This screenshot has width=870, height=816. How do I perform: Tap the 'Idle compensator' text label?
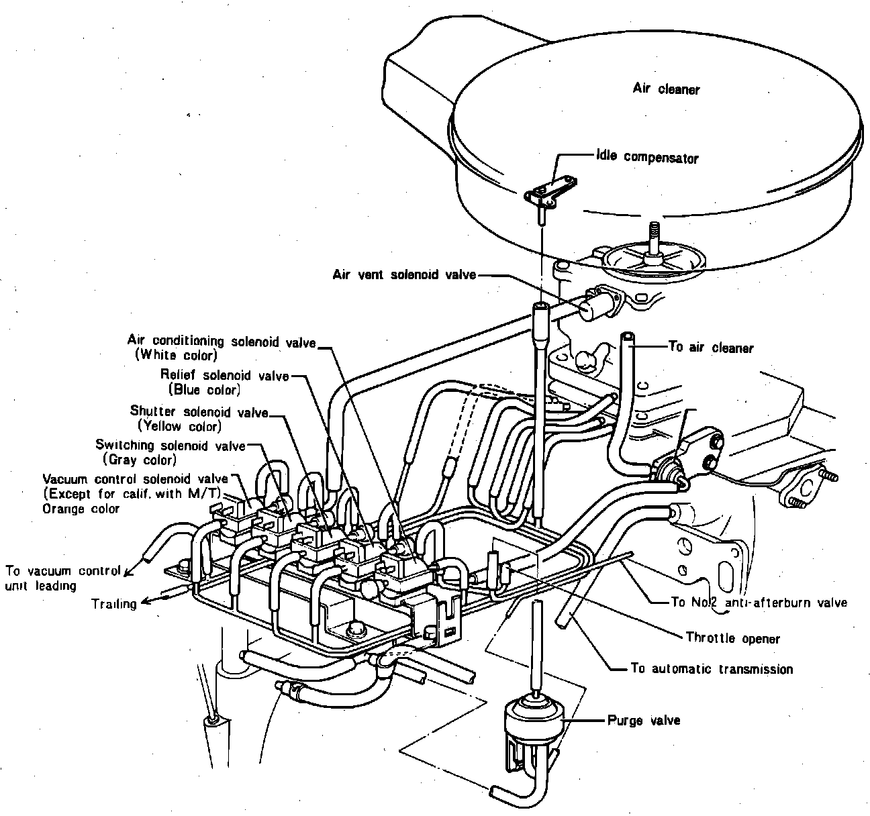(647, 158)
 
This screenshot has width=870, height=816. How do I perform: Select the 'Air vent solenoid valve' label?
(404, 274)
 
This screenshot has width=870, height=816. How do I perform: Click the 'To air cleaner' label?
(711, 348)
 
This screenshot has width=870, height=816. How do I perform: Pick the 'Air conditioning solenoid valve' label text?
(221, 342)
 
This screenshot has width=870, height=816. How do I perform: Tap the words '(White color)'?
(176, 356)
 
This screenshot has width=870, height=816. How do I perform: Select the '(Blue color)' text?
(204, 390)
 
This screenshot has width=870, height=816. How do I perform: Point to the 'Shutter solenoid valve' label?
(199, 411)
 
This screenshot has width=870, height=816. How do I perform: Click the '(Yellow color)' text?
(179, 425)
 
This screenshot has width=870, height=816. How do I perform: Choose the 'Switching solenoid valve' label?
(170, 446)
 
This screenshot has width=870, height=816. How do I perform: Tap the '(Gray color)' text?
(140, 460)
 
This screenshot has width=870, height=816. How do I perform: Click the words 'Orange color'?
(81, 509)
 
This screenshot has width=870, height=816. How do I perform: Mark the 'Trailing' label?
(114, 603)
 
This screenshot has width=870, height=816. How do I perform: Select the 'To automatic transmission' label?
(712, 668)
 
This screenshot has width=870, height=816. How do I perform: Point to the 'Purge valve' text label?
(643, 720)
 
